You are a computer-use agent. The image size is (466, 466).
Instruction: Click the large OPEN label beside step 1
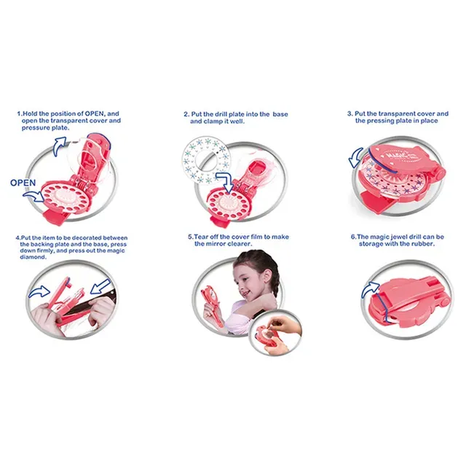23,183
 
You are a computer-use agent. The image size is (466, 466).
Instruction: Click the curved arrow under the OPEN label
33,196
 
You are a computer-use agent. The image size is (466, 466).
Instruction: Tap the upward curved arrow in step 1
60,146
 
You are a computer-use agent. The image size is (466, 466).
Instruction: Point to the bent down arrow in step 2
225,181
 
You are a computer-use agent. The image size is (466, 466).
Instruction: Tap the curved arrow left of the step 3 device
355,158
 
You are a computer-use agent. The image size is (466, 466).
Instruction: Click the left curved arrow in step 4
39,291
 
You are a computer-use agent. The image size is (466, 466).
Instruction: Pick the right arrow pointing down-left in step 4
100,287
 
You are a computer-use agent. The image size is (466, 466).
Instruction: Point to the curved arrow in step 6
369,290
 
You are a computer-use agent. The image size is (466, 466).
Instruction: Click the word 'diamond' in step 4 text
33,257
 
